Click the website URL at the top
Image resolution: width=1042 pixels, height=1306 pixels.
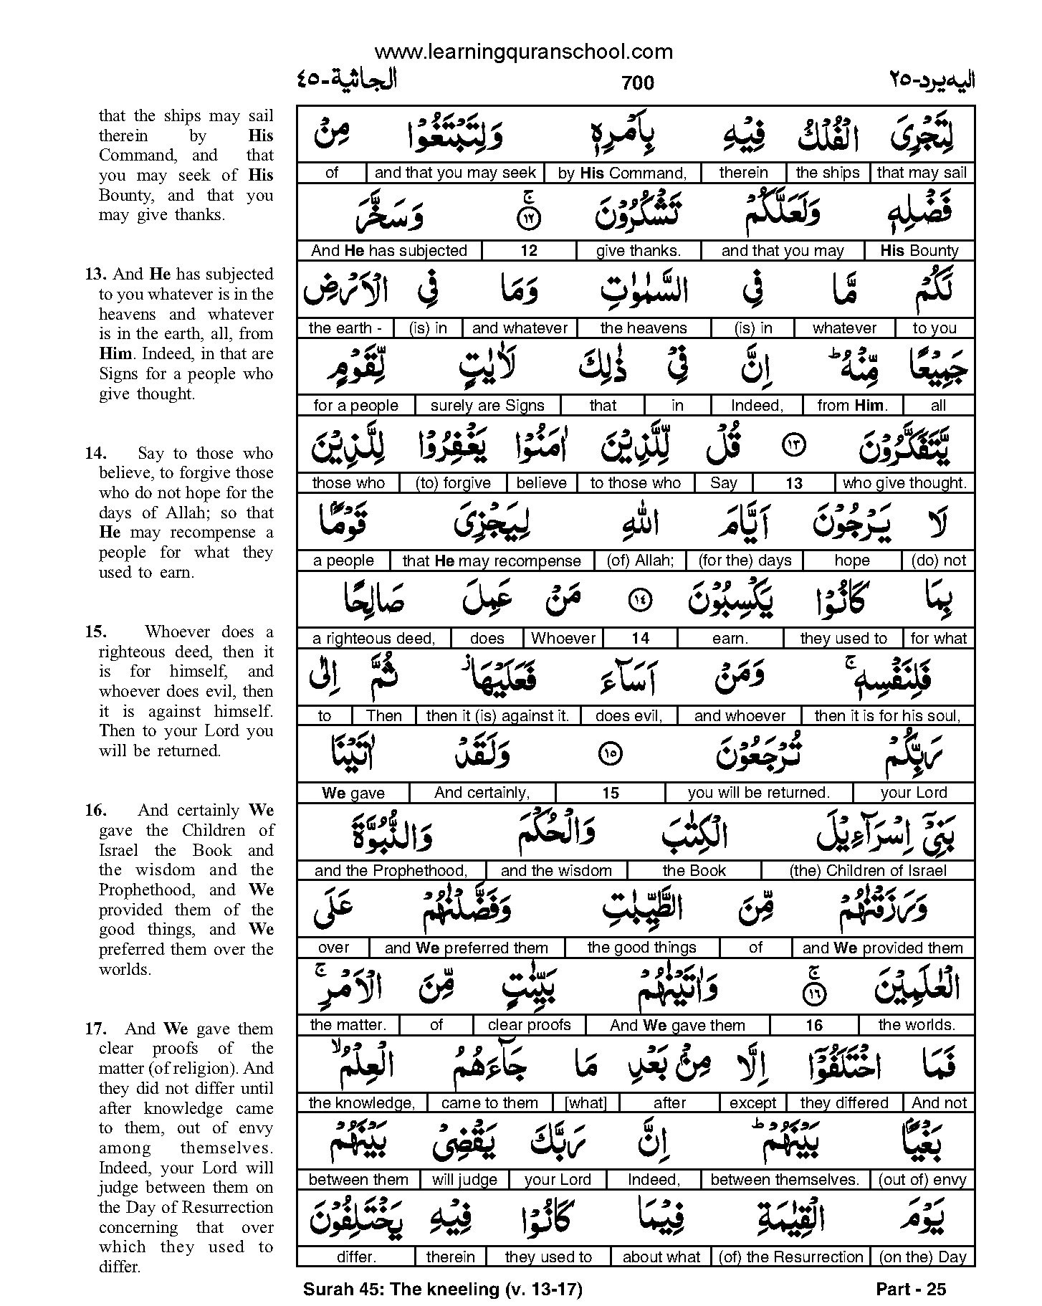[x=523, y=52]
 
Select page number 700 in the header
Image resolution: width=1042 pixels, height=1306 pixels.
[x=638, y=83]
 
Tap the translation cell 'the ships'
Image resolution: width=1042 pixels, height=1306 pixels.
[x=827, y=173]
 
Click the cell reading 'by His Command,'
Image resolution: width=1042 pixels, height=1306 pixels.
[x=622, y=173]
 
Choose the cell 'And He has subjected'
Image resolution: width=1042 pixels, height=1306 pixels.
[x=388, y=250]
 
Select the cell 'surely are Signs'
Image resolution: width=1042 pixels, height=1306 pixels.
[x=487, y=405]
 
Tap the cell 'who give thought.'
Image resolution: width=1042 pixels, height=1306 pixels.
[x=904, y=482]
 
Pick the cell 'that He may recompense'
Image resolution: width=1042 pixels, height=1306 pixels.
[x=491, y=560]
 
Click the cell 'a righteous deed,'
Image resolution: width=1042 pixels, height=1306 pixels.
[x=374, y=638]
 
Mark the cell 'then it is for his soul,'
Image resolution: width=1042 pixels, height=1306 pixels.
[x=887, y=715]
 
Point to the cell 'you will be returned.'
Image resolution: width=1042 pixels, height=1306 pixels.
[x=758, y=793]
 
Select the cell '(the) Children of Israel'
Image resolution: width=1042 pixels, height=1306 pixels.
[x=868, y=870]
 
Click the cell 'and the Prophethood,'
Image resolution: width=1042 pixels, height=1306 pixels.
[x=391, y=870]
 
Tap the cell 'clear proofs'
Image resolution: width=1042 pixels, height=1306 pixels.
[x=529, y=1025]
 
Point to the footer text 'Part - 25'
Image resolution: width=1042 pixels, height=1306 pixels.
[x=911, y=1289]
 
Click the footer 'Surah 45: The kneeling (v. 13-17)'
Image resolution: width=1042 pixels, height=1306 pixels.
[x=442, y=1289]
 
